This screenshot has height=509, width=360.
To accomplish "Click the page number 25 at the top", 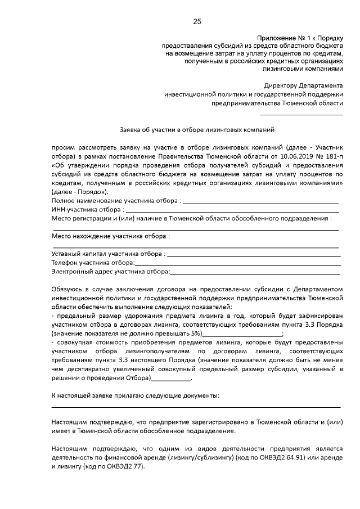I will coord(197,21).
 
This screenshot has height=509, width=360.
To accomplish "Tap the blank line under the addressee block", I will coord(308,115).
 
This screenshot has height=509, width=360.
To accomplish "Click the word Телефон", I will coord(65,263).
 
